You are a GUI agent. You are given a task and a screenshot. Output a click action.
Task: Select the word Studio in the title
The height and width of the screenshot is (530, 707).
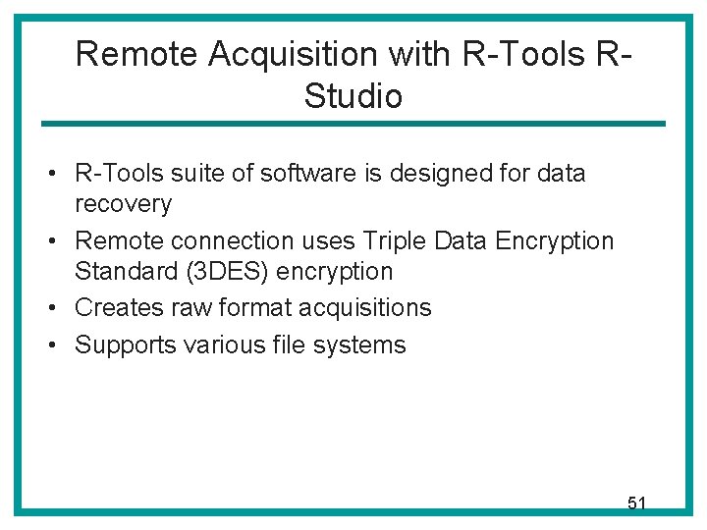[x=353, y=96]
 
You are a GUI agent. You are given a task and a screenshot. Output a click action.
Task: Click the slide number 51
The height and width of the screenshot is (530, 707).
[x=636, y=503]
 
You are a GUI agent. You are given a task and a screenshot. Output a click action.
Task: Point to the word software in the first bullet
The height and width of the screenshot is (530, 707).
[x=300, y=174]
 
